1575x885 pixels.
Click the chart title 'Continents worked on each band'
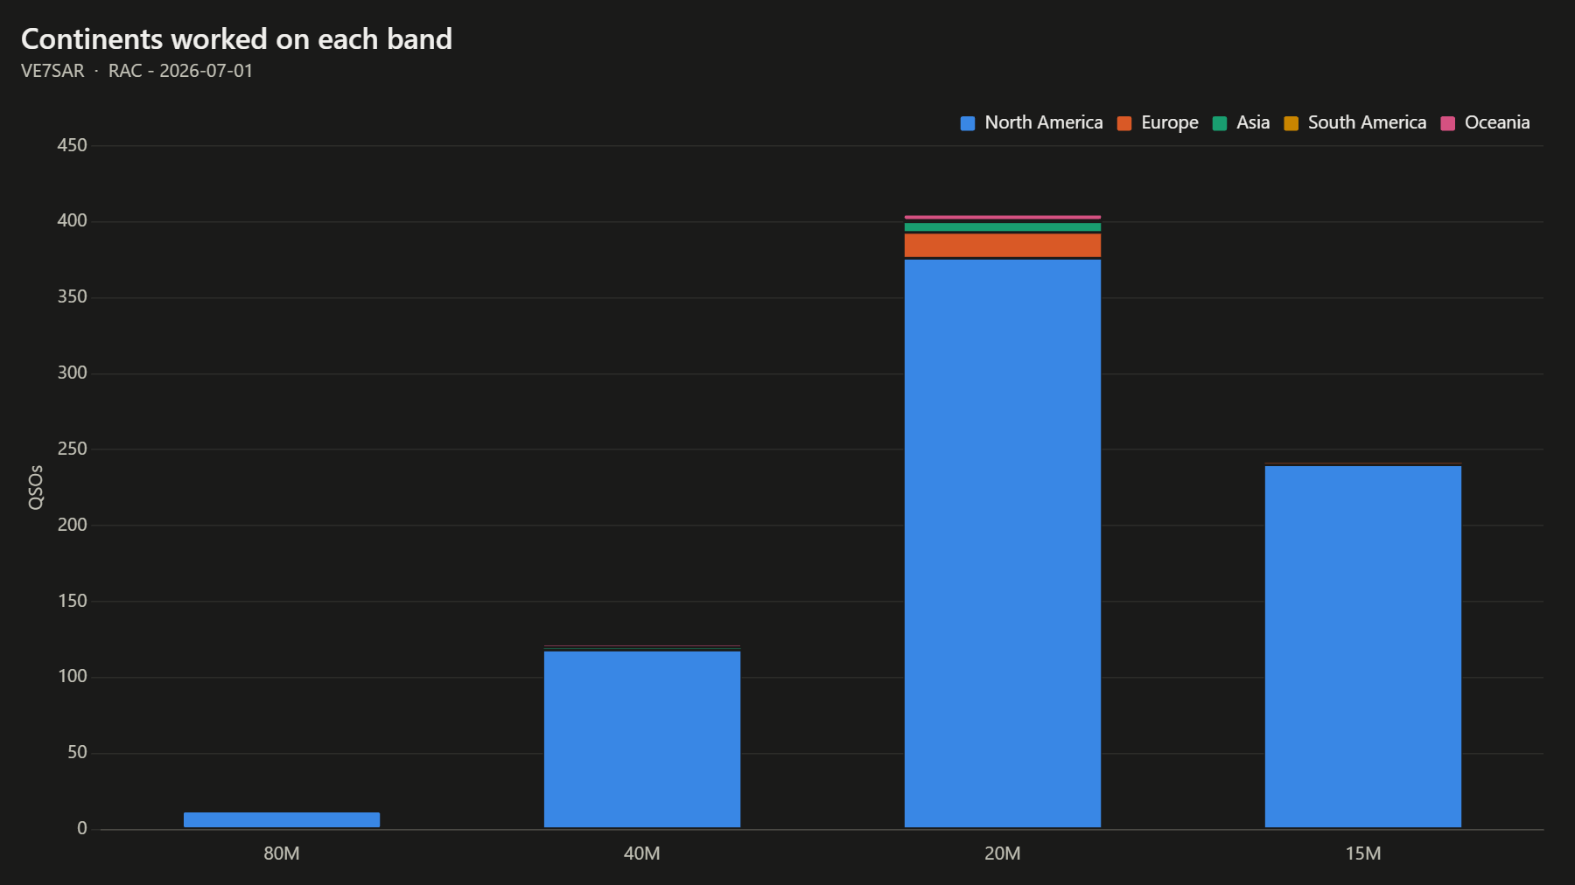click(236, 39)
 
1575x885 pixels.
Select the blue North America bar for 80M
click(282, 820)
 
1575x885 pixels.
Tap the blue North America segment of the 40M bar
click(642, 740)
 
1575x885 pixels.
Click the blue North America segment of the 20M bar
click(1003, 544)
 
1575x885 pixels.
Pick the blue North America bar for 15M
click(1363, 647)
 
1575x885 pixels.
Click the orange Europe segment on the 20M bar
click(1003, 246)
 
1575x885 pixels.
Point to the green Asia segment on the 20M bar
click(1003, 227)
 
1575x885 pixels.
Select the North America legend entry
click(1032, 123)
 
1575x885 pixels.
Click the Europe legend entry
click(1158, 123)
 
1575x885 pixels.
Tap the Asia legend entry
click(1241, 123)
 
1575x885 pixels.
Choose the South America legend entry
click(1355, 123)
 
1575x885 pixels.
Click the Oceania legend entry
click(1486, 123)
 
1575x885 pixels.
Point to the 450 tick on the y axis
click(73, 146)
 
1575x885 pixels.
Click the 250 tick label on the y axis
click(73, 449)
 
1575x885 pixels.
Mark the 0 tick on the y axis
click(82, 829)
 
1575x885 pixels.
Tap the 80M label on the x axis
click(282, 854)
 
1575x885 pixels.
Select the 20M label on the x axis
click(1003, 854)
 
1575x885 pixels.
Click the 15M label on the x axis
click(1363, 854)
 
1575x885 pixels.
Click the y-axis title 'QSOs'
click(36, 487)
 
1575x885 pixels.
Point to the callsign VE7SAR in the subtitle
click(52, 71)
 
